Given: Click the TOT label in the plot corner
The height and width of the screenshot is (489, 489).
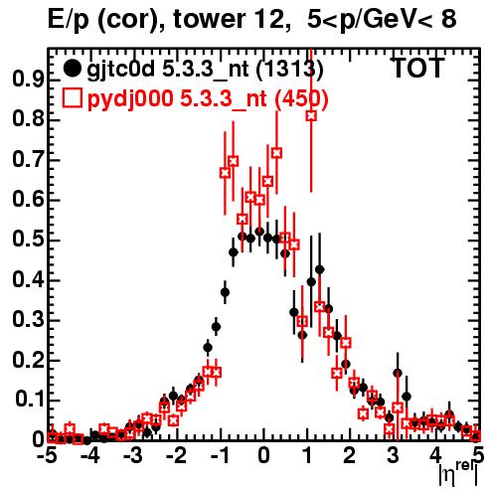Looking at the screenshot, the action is click(x=418, y=68).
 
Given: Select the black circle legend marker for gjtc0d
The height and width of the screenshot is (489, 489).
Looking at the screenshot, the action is click(x=72, y=69).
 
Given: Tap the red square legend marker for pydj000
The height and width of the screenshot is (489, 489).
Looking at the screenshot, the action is click(x=72, y=98).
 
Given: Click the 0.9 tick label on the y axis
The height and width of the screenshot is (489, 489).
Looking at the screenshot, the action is click(x=28, y=80).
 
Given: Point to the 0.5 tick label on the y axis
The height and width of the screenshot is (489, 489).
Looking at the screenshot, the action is click(x=28, y=240).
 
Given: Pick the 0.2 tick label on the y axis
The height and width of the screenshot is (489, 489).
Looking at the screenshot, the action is click(x=28, y=360).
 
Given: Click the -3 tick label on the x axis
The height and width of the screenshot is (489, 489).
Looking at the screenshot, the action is click(x=133, y=455).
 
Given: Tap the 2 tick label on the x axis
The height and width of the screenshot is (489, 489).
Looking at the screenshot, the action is click(x=350, y=455).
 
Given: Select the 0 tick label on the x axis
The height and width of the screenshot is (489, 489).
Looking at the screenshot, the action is click(x=264, y=455).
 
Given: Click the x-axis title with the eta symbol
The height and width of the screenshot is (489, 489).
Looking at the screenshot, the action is click(x=457, y=474).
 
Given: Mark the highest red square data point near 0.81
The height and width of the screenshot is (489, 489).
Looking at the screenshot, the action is click(x=311, y=116).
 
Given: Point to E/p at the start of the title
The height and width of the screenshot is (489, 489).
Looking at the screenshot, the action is click(x=69, y=19).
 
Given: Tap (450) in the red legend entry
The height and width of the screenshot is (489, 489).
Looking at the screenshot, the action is click(x=301, y=99).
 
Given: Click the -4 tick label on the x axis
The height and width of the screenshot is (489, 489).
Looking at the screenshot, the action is click(x=89, y=455).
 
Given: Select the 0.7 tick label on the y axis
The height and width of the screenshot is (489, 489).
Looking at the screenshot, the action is click(x=28, y=160).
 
